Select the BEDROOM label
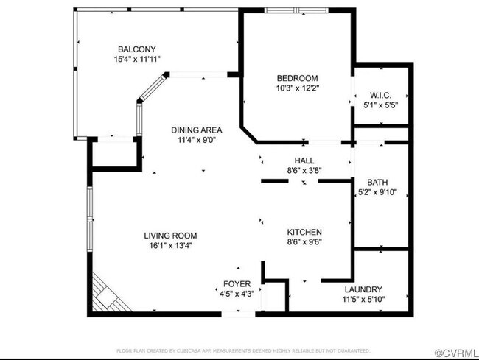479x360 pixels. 297,79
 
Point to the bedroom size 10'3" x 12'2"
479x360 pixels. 297,88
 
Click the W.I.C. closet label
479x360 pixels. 380,95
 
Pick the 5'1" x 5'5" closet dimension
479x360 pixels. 380,105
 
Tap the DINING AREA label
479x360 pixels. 197,130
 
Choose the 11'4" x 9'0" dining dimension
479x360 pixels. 197,139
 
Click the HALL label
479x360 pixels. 304,160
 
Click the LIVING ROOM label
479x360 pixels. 170,236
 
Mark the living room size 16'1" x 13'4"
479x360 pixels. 170,245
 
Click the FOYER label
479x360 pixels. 237,283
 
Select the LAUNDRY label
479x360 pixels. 363,289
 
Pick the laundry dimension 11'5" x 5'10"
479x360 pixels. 363,299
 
